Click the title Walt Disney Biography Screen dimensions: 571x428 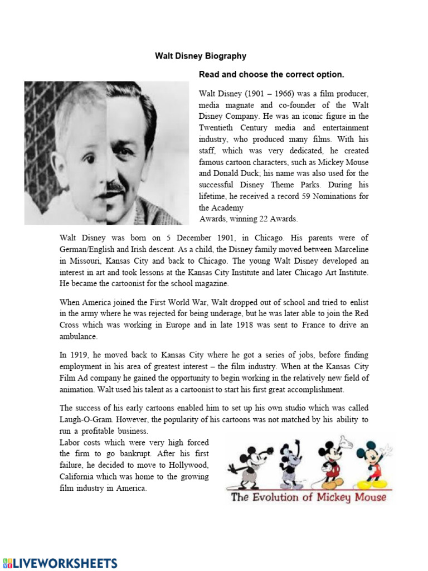pyautogui.click(x=200, y=56)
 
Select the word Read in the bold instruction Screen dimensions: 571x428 pyautogui.click(x=210, y=74)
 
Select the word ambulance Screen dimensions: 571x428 pyautogui.click(x=79, y=337)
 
